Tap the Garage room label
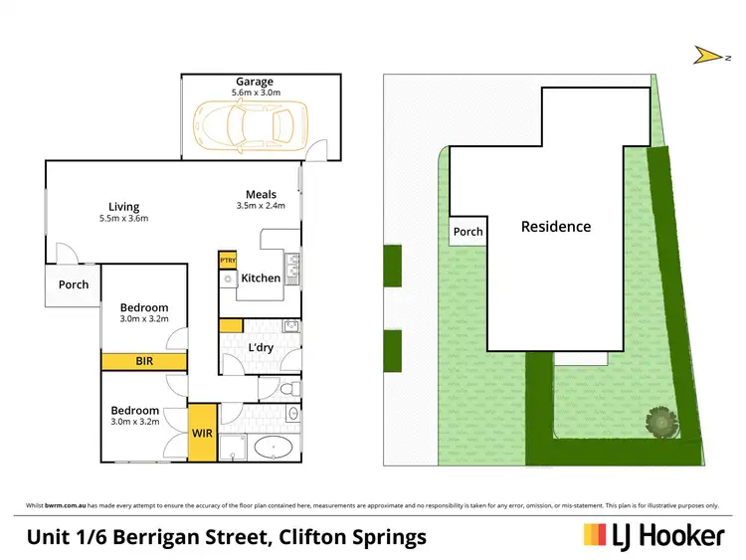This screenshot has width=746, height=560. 255,82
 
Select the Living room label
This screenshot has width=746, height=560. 124,207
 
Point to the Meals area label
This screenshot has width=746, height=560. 262,194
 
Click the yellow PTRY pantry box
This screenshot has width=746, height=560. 227,259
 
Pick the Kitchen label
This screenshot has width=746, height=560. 262,279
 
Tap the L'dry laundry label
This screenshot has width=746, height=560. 261,347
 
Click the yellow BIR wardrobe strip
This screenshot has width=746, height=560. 144,361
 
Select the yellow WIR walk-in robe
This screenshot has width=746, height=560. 203,433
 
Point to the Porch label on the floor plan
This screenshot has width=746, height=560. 74,284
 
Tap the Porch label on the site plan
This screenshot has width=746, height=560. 467,232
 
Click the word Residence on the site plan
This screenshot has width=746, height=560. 556,227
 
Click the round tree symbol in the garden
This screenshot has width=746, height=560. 659,422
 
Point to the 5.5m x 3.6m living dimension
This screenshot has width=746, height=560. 124,219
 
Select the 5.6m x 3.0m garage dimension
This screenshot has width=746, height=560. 255,93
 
